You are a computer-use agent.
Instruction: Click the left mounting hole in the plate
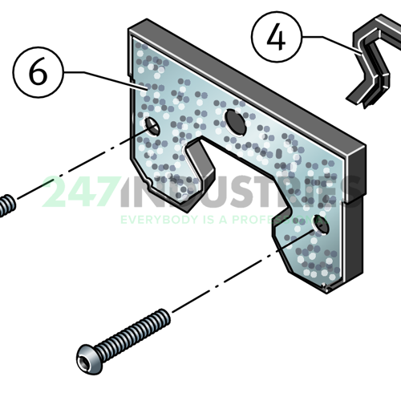coord(151,127)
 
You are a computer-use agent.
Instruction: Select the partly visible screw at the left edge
coord(6,205)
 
